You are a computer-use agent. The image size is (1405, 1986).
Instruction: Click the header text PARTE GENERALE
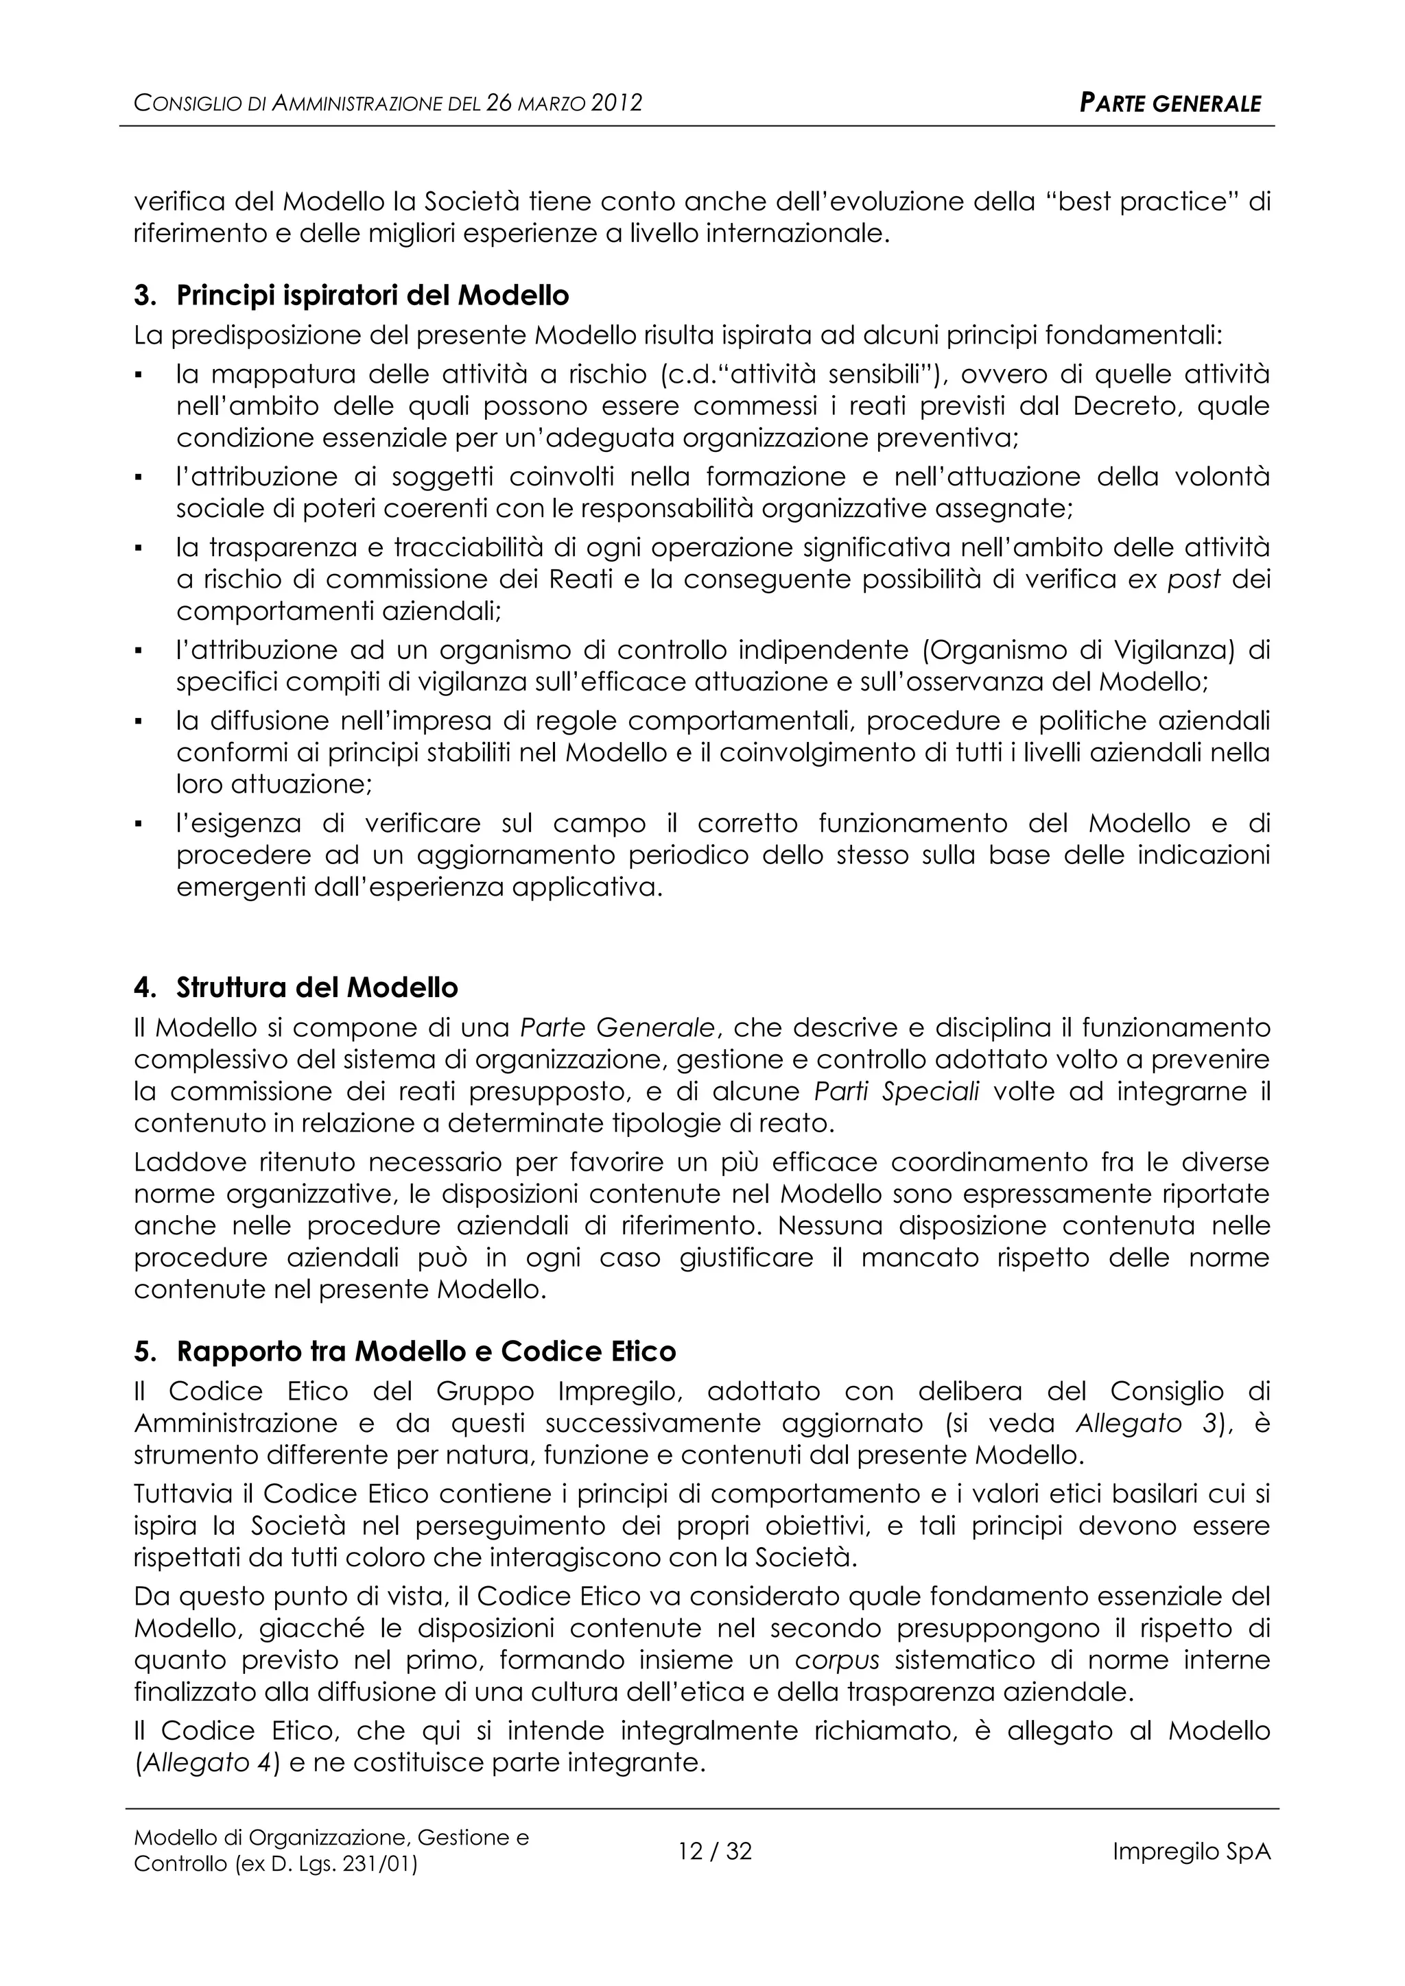(1170, 104)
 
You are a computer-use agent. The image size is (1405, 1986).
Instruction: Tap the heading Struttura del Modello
(317, 988)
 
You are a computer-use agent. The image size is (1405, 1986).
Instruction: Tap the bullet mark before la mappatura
(139, 375)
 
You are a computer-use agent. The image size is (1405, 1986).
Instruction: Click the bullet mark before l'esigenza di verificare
(139, 824)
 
